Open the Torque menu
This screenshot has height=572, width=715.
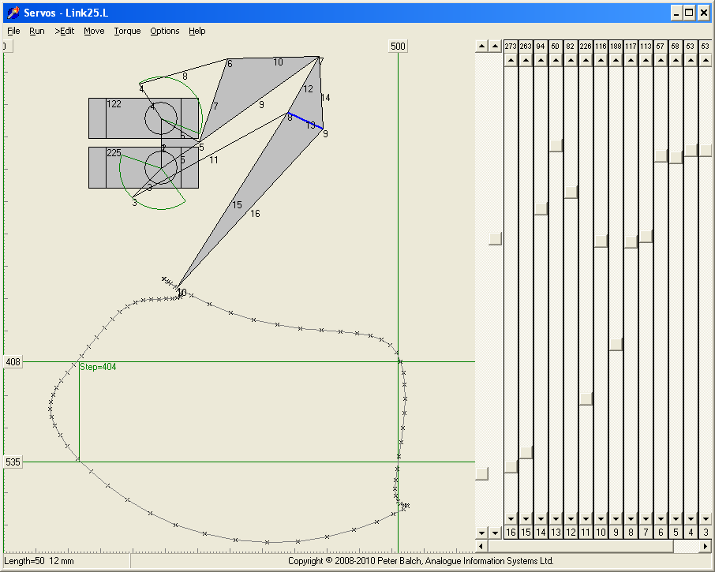[x=127, y=31]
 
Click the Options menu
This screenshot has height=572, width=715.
[x=165, y=31]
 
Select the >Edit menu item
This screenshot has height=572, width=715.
[x=64, y=31]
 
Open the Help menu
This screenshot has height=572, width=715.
[x=197, y=31]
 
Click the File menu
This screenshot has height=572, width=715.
[x=13, y=31]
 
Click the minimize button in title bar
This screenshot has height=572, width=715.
[x=676, y=13]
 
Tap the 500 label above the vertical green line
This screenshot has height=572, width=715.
[x=398, y=47]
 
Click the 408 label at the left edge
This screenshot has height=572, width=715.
[x=13, y=362]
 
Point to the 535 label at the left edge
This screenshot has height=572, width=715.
[x=13, y=462]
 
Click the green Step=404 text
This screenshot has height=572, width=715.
[x=98, y=367]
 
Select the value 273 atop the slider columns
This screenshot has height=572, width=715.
[x=511, y=47]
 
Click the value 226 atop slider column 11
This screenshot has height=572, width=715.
[x=586, y=47]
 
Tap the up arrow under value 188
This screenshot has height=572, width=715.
[x=616, y=59]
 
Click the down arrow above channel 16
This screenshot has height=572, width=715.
[x=511, y=519]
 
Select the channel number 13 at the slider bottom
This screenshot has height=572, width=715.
[x=556, y=533]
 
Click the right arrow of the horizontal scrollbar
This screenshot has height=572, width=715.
[x=706, y=546]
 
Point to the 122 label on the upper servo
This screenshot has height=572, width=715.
[x=114, y=104]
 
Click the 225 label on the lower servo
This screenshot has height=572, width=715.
[x=114, y=153]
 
